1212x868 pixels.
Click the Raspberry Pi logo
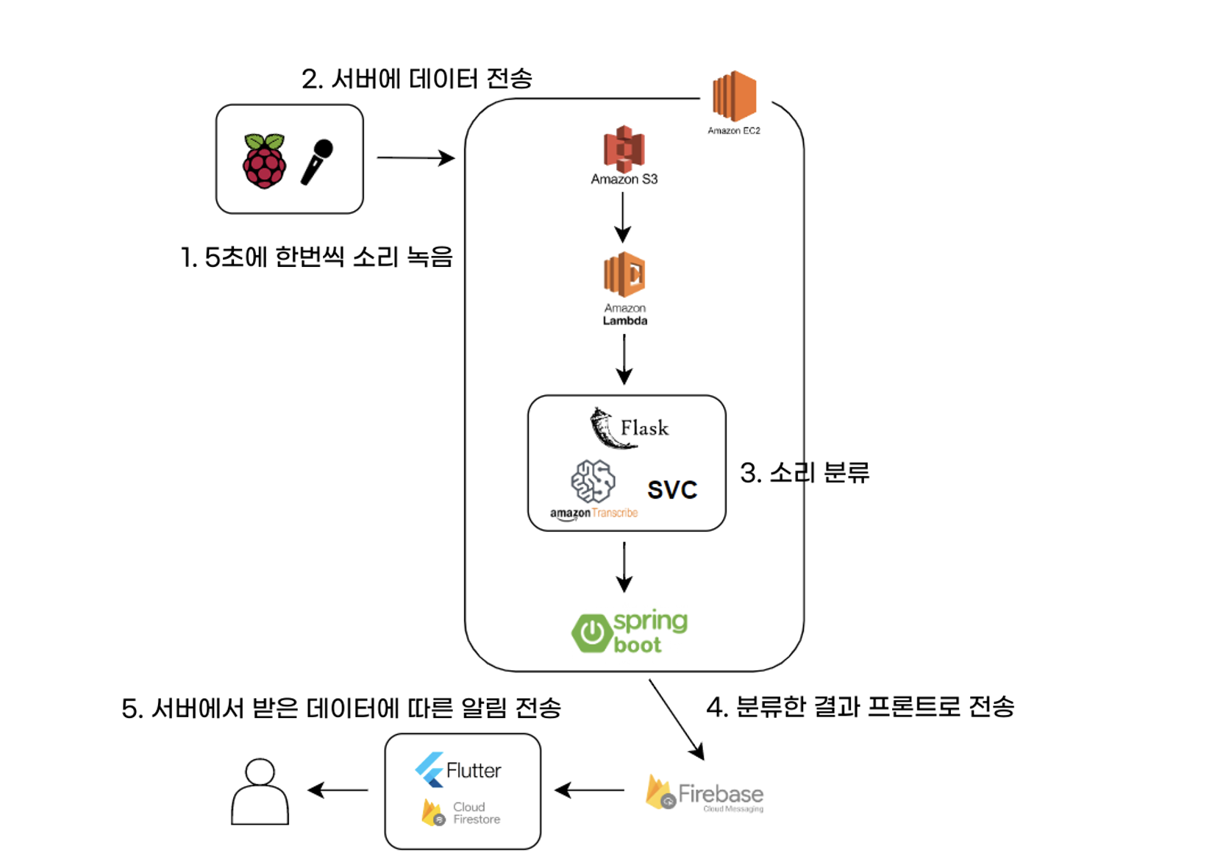[264, 161]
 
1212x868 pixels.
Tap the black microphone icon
[317, 161]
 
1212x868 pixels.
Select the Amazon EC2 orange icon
[734, 96]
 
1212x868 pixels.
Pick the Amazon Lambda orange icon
[624, 274]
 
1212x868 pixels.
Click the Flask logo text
[644, 428]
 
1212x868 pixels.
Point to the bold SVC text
[671, 490]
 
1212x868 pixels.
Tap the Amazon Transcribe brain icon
[593, 482]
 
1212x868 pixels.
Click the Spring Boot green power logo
[593, 633]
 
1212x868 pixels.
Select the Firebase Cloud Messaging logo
[704, 794]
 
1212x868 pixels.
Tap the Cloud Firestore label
[475, 813]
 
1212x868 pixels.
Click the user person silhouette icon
[260, 792]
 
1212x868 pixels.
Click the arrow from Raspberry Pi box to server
[416, 157]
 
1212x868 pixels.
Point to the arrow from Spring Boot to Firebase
[677, 719]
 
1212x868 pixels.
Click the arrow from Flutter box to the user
[338, 791]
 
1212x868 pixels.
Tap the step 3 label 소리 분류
[805, 472]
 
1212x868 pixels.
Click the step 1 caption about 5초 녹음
[316, 257]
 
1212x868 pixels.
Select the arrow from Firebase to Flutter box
[589, 791]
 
